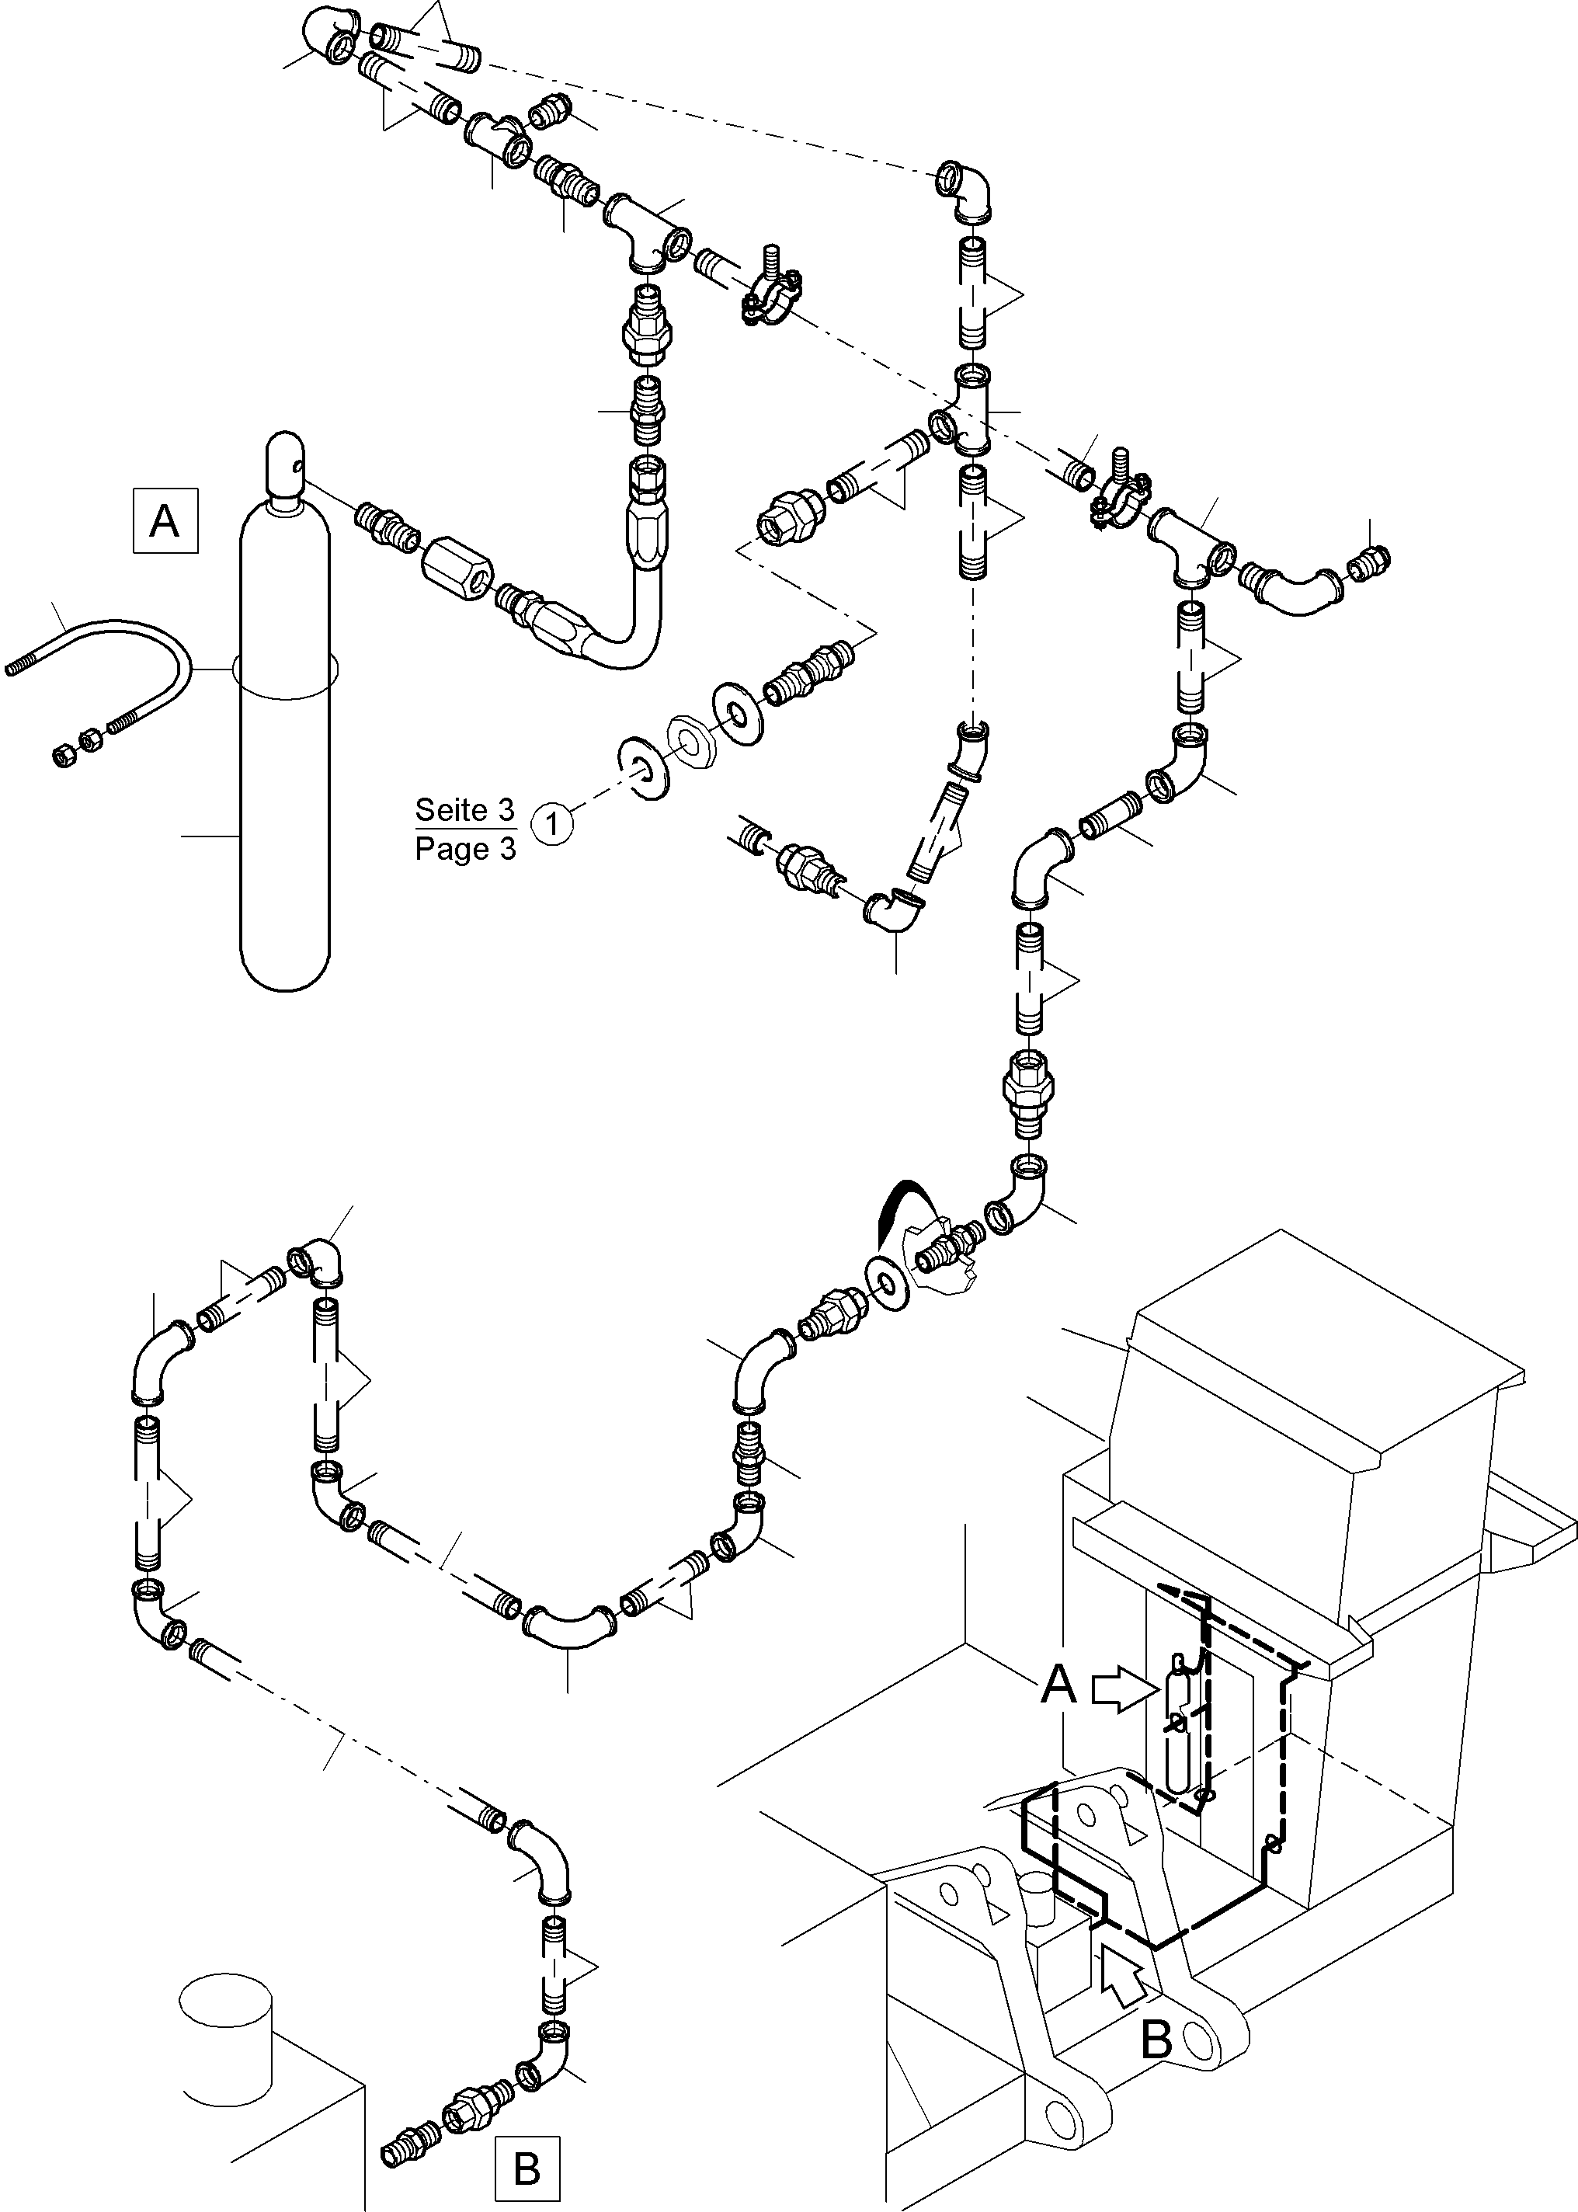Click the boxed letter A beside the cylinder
(x=165, y=522)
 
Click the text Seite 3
(x=464, y=809)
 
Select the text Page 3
(x=464, y=848)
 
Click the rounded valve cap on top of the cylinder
(x=285, y=464)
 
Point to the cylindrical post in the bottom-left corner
(x=225, y=2036)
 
